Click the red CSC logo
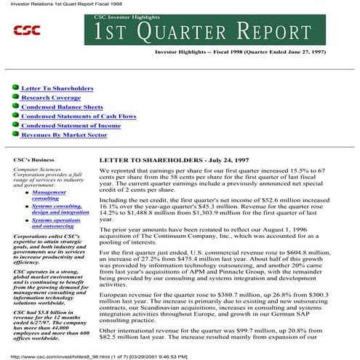tap(27, 30)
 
